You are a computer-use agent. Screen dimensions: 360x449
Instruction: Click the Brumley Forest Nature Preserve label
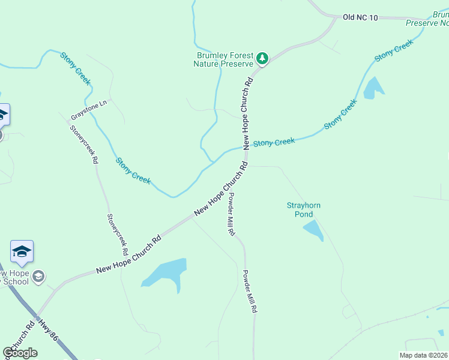pyautogui.click(x=225, y=59)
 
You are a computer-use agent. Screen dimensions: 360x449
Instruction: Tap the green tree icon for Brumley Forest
pyautogui.click(x=262, y=58)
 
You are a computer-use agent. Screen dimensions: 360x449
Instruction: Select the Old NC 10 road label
pyautogui.click(x=360, y=18)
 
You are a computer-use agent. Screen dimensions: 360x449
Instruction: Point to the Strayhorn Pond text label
pyautogui.click(x=303, y=209)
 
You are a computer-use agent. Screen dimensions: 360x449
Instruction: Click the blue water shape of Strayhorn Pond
pyautogui.click(x=313, y=230)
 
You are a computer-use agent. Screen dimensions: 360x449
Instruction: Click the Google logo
pyautogui.click(x=20, y=353)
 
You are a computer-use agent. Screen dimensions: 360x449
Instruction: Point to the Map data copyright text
pyautogui.click(x=424, y=355)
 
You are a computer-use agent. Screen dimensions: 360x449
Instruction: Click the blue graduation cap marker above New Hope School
pyautogui.click(x=22, y=251)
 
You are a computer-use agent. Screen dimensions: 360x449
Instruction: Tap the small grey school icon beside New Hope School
pyautogui.click(x=38, y=277)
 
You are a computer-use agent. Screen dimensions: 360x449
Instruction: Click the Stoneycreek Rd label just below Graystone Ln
pyautogui.click(x=84, y=145)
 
